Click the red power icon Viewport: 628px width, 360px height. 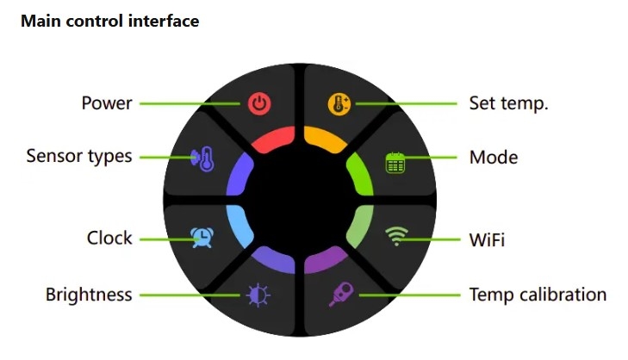pyautogui.click(x=259, y=103)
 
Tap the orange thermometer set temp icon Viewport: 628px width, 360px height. pyautogui.click(x=339, y=104)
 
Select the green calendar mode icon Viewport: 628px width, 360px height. pyautogui.click(x=395, y=163)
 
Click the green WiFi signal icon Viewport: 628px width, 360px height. pyautogui.click(x=396, y=236)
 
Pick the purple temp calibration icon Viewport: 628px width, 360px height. pyautogui.click(x=342, y=294)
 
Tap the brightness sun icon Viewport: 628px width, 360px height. pyautogui.click(x=258, y=295)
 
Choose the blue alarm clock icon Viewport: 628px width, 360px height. pyautogui.click(x=202, y=238)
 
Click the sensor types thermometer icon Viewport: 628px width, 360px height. pyautogui.click(x=203, y=159)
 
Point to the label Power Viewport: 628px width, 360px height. pyautogui.click(x=107, y=103)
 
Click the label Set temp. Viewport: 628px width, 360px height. pyautogui.click(x=508, y=103)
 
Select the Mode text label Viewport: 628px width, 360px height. pyautogui.click(x=494, y=158)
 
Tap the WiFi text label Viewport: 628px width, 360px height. pyautogui.click(x=487, y=240)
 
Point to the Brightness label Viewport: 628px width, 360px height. pyautogui.click(x=89, y=295)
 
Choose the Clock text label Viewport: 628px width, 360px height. pyautogui.click(x=109, y=238)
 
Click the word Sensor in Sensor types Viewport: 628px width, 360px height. pyautogui.click(x=53, y=156)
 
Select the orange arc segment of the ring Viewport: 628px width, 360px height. pyautogui.click(x=326, y=139)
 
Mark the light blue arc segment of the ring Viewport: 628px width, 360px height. pyautogui.click(x=238, y=227)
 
